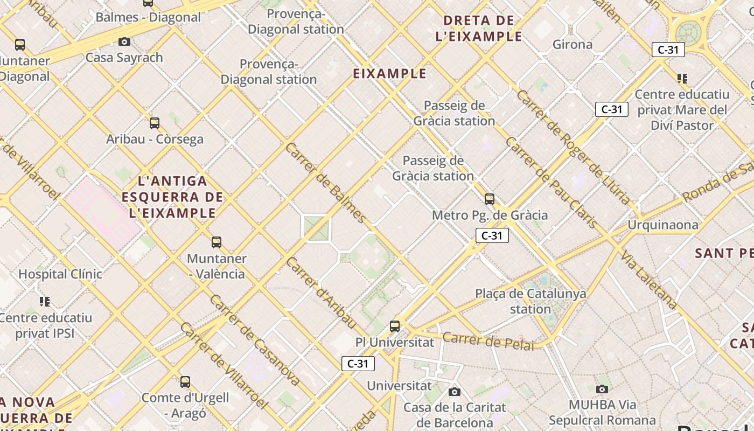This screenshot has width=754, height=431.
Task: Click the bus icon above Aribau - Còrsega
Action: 155,123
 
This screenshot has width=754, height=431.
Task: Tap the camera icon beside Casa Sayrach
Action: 124,41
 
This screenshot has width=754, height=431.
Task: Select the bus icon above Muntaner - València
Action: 217,242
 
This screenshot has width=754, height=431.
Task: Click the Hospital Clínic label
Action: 60,274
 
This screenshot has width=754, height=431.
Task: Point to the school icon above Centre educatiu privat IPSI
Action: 45,301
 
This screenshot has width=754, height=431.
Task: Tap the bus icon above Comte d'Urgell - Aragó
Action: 185,382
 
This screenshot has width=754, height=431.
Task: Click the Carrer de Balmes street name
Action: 326,183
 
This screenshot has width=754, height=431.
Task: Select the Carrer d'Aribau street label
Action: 322,293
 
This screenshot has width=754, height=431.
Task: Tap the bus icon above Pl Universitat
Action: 395,326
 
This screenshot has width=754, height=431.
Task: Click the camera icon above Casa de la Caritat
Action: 455,392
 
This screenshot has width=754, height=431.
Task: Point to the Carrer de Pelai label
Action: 488,341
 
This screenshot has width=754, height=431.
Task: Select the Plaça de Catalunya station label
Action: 530,301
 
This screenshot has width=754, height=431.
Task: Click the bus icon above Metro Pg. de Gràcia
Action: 490,199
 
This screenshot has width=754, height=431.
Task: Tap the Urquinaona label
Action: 663,225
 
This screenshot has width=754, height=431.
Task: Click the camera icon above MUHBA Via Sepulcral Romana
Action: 602,389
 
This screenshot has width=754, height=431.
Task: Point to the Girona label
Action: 573,45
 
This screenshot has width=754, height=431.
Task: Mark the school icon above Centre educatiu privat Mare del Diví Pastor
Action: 682,79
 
